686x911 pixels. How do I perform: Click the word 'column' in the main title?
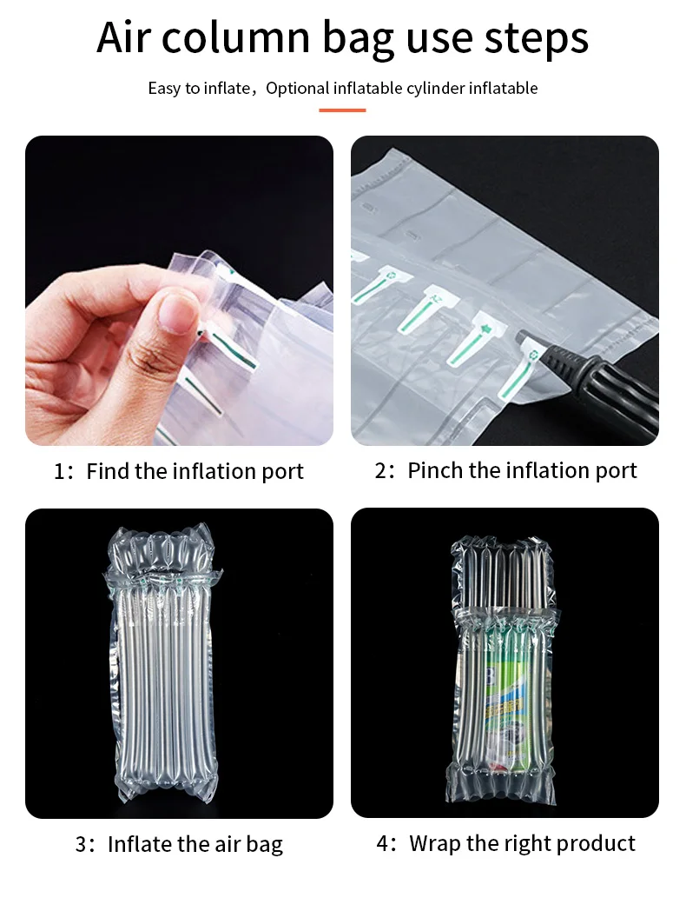(x=235, y=37)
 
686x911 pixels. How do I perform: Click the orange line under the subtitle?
(x=342, y=110)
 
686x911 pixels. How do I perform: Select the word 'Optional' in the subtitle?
(x=298, y=89)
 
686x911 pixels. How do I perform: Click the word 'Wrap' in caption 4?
(x=436, y=843)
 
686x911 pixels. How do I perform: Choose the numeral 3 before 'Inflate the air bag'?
(x=81, y=844)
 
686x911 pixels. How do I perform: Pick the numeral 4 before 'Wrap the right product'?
(x=382, y=843)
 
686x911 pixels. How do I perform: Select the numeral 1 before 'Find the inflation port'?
(x=59, y=471)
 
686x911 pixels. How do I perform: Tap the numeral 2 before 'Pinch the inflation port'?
(x=380, y=470)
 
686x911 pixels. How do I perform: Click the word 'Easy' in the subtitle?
(x=165, y=89)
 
